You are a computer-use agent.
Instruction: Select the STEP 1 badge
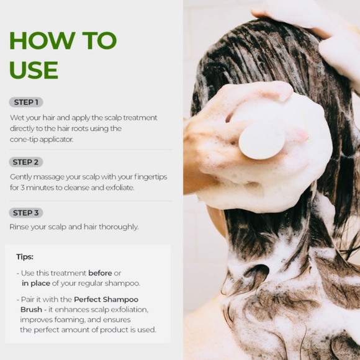click(26, 102)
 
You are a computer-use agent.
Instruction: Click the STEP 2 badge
click(26, 162)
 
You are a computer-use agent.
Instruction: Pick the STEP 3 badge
click(26, 213)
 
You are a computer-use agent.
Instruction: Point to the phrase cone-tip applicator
click(42, 139)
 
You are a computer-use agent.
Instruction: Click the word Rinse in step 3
click(19, 227)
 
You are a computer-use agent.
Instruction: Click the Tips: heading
click(25, 256)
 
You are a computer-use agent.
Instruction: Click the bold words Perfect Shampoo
click(106, 299)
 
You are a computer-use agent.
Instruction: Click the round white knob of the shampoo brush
click(262, 140)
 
